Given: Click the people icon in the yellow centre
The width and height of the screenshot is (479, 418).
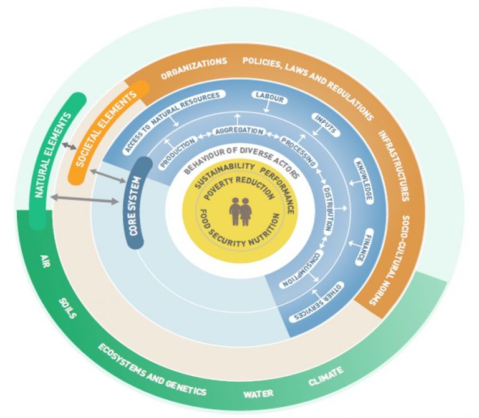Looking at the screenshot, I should pos(239,211).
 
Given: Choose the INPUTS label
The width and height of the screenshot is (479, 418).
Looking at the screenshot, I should pos(326,124).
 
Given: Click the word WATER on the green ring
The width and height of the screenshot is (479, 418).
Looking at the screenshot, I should pos(258,392).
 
